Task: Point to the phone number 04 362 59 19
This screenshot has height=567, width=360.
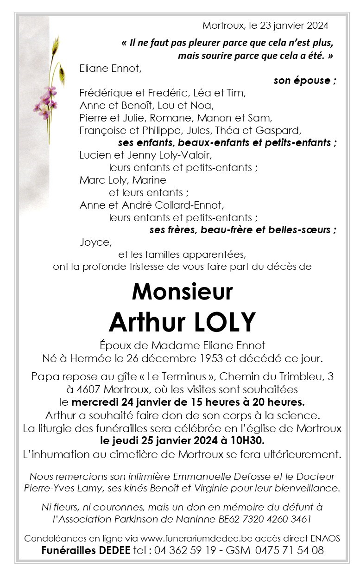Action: coord(183,550)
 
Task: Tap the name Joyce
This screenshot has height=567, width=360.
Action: coord(95,242)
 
